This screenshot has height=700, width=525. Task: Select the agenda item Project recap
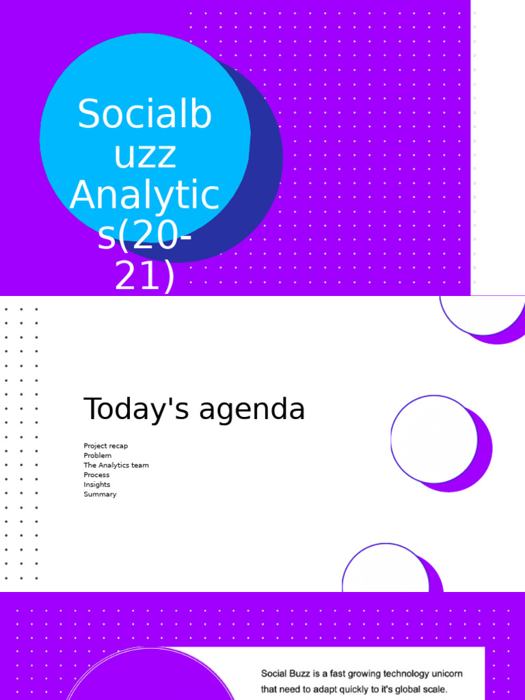tap(106, 446)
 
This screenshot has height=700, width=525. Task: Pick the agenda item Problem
tap(98, 455)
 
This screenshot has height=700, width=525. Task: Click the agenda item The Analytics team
tap(116, 465)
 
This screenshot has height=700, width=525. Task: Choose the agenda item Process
tap(96, 474)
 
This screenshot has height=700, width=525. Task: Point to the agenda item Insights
tap(97, 485)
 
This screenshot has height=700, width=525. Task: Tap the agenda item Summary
tap(100, 494)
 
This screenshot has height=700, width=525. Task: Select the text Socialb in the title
tap(145, 115)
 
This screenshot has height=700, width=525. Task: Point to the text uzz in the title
tap(145, 155)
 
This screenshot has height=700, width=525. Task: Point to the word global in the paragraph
tap(409, 689)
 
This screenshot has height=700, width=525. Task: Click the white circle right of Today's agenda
tap(433, 439)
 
